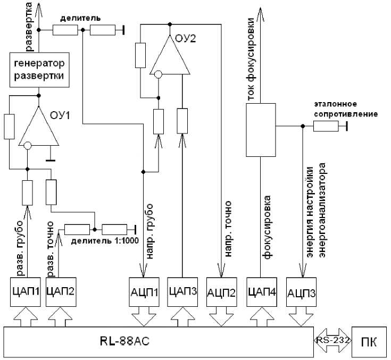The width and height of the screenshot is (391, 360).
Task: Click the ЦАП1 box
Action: tap(26, 291)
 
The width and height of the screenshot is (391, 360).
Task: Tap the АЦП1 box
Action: tap(145, 291)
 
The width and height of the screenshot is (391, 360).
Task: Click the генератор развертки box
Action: tap(39, 70)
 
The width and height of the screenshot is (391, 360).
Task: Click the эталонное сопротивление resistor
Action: tap(326, 126)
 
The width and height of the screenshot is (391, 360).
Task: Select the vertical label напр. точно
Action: tap(229, 223)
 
